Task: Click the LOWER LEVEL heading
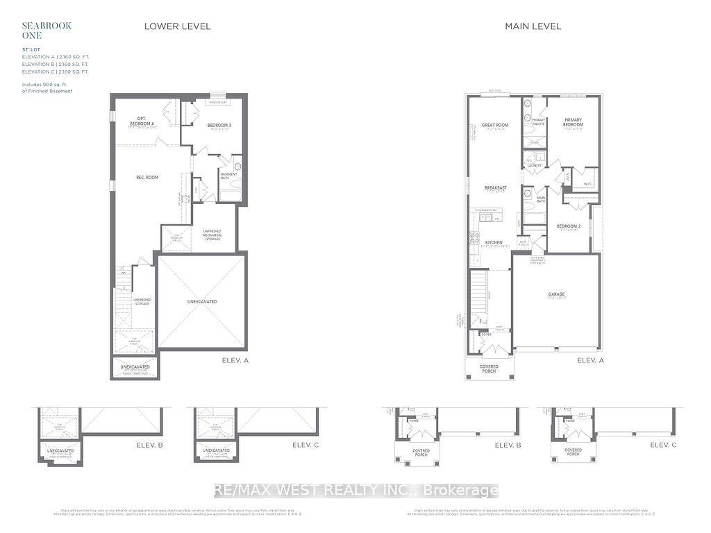click(x=177, y=26)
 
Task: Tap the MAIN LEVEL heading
click(x=533, y=26)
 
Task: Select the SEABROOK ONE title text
click(x=37, y=30)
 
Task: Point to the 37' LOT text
click(x=31, y=49)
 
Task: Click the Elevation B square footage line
click(x=55, y=64)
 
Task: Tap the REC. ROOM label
click(x=147, y=178)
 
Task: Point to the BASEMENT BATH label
click(x=230, y=176)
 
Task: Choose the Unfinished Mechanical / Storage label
click(x=212, y=233)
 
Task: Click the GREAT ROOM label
click(x=495, y=126)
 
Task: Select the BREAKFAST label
click(x=495, y=188)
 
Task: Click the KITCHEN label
click(x=495, y=242)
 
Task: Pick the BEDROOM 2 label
click(x=569, y=226)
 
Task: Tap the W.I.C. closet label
click(x=587, y=185)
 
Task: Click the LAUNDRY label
click(x=534, y=166)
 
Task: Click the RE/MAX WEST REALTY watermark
click(x=355, y=491)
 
